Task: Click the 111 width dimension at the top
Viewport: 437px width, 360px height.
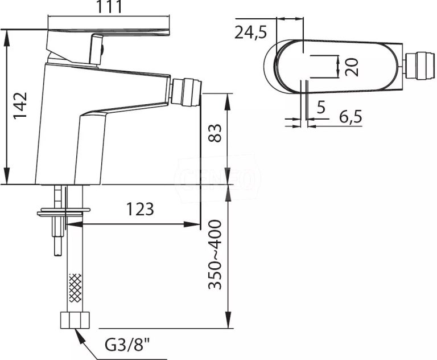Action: click(109, 9)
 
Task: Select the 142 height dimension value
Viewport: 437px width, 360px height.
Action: click(21, 105)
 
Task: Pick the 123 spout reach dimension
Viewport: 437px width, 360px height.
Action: click(139, 209)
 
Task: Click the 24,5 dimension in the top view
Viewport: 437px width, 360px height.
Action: click(250, 32)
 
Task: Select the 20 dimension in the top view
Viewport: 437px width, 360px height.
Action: click(353, 67)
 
